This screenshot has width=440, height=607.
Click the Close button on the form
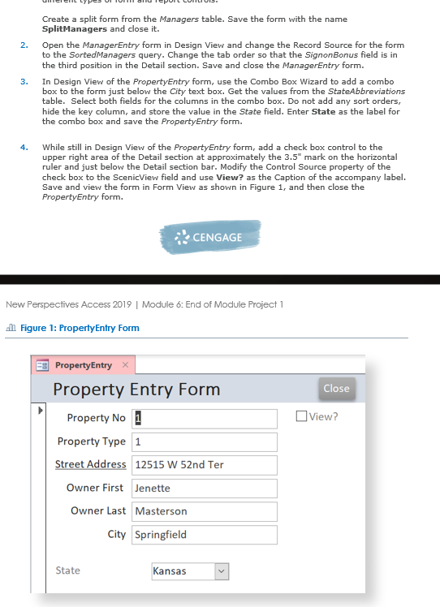[x=336, y=389]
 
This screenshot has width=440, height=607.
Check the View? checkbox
[x=303, y=417]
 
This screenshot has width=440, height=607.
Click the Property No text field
[x=205, y=419]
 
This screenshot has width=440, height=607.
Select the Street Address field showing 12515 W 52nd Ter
[x=205, y=465]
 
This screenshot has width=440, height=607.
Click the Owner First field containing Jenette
[x=205, y=489]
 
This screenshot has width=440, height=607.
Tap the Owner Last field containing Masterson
[x=205, y=511]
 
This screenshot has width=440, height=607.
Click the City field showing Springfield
[x=205, y=535]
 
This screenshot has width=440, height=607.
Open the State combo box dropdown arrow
[x=222, y=571]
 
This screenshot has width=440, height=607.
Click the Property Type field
[x=205, y=442]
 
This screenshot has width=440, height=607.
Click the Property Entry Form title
[x=136, y=389]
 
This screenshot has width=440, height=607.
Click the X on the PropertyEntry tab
[x=125, y=366]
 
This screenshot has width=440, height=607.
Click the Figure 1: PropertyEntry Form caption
[x=78, y=328]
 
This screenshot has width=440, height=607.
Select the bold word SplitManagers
[x=75, y=28]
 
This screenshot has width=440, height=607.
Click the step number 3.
[x=24, y=82]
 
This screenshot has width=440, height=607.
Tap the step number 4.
[x=24, y=147]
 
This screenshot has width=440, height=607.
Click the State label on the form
[x=67, y=570]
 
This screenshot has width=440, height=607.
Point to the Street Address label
[x=90, y=464]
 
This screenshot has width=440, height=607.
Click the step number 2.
[x=24, y=45]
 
